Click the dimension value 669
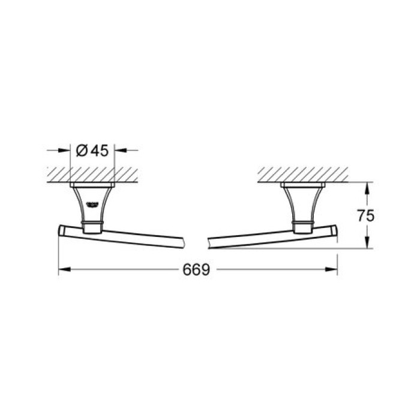197,271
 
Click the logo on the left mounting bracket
94,202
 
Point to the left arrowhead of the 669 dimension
62,270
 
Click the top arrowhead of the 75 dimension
367,187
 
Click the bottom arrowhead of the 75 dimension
367,244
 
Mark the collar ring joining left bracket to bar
92,227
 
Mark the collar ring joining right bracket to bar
302,227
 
